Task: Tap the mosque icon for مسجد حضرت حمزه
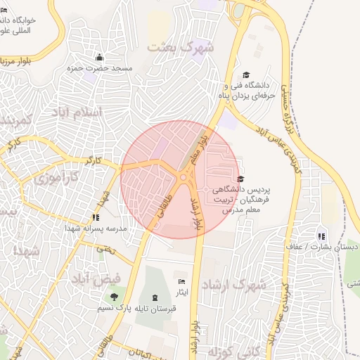pyautogui.click(x=99, y=58)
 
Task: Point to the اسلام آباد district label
pyautogui.click(x=77, y=112)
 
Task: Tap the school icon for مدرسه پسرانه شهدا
pyautogui.click(x=95, y=218)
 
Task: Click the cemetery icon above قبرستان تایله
pyautogui.click(x=155, y=297)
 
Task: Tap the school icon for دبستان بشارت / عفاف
pyautogui.click(x=321, y=236)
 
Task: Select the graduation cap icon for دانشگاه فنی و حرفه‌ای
pyautogui.click(x=245, y=75)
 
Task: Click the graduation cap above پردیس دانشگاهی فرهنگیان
pyautogui.click(x=241, y=179)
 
